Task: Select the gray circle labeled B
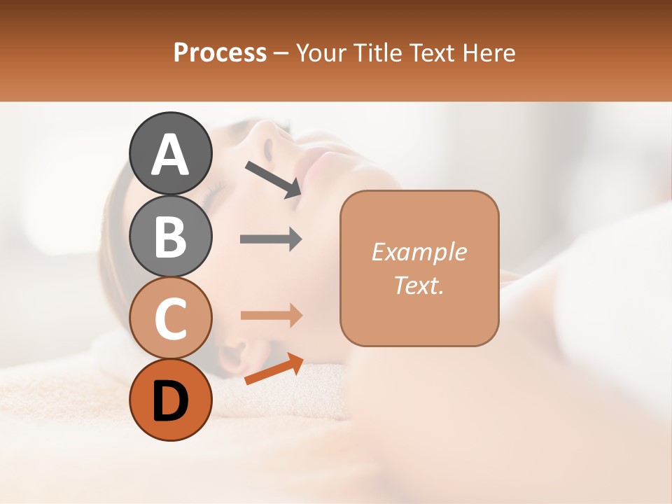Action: coord(170,237)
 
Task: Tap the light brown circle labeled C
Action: coord(170,318)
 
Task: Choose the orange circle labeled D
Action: coord(170,400)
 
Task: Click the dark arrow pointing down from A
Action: coord(273,179)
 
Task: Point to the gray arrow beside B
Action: coord(271,239)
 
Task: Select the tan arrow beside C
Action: coord(271,315)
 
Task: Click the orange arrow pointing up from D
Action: coord(274,370)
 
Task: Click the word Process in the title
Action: coord(220,53)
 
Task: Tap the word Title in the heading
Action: coord(377,53)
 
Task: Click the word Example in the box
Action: coord(419,252)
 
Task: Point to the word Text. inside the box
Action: coord(419,285)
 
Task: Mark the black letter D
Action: coord(170,401)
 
